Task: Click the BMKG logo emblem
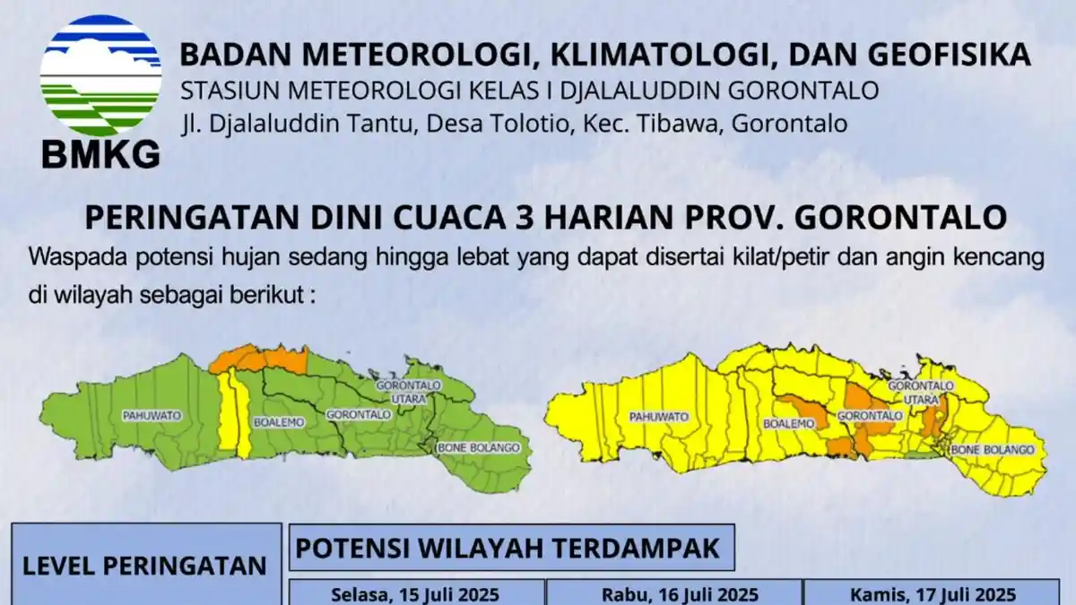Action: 100,76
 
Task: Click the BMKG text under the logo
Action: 100,153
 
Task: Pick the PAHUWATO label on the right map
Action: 658,418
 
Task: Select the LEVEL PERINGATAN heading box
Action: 144,566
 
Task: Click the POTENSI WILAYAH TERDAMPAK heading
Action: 508,549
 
